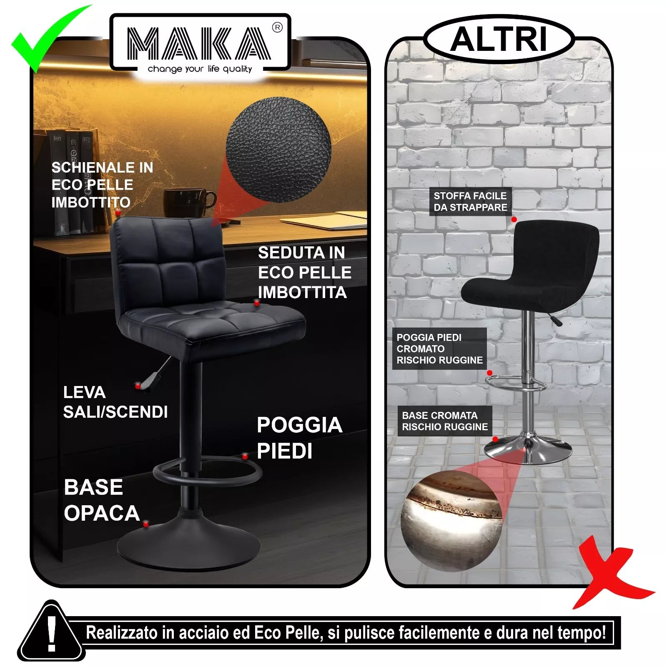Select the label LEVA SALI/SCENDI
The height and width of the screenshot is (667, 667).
tap(115, 402)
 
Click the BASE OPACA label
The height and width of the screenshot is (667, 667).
tap(101, 500)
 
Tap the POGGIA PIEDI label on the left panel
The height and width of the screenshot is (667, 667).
tap(299, 438)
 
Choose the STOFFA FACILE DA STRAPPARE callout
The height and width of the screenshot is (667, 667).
tap(470, 201)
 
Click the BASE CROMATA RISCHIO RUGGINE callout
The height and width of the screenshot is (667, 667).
tap(445, 421)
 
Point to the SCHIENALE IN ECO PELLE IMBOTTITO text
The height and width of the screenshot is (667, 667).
tap(102, 185)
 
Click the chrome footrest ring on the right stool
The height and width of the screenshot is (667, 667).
tap(516, 383)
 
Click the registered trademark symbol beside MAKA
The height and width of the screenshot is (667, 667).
tap(277, 28)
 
